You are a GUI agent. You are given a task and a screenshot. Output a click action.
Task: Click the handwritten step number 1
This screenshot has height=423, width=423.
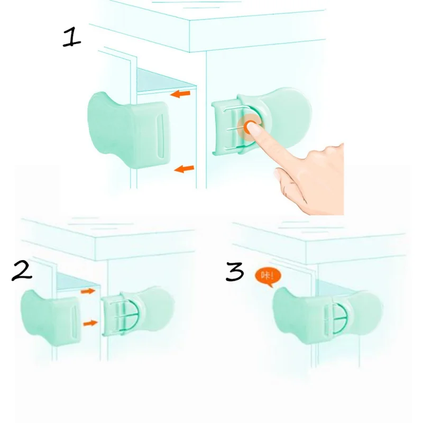pyautogui.click(x=72, y=38)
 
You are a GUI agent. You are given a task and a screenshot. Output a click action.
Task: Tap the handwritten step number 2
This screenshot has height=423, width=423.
pyautogui.click(x=22, y=271)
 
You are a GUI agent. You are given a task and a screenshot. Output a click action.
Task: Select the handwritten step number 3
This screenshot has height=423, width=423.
pyautogui.click(x=235, y=271)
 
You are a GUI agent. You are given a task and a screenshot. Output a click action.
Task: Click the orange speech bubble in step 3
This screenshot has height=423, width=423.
pyautogui.click(x=268, y=277)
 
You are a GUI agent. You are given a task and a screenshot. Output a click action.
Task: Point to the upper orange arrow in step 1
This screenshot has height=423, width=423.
pyautogui.click(x=180, y=94)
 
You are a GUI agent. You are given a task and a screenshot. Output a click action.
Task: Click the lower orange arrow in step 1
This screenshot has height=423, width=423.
pyautogui.click(x=184, y=169)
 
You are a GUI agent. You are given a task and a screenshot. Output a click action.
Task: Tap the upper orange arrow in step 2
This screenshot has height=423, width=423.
pyautogui.click(x=88, y=291)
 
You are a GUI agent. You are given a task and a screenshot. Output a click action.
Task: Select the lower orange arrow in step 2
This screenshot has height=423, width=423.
pyautogui.click(x=90, y=323)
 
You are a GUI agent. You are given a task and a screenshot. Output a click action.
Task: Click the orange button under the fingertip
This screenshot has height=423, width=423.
pyautogui.click(x=250, y=126)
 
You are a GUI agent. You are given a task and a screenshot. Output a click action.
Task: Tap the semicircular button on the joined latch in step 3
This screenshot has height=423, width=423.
pyautogui.click(x=341, y=319)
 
